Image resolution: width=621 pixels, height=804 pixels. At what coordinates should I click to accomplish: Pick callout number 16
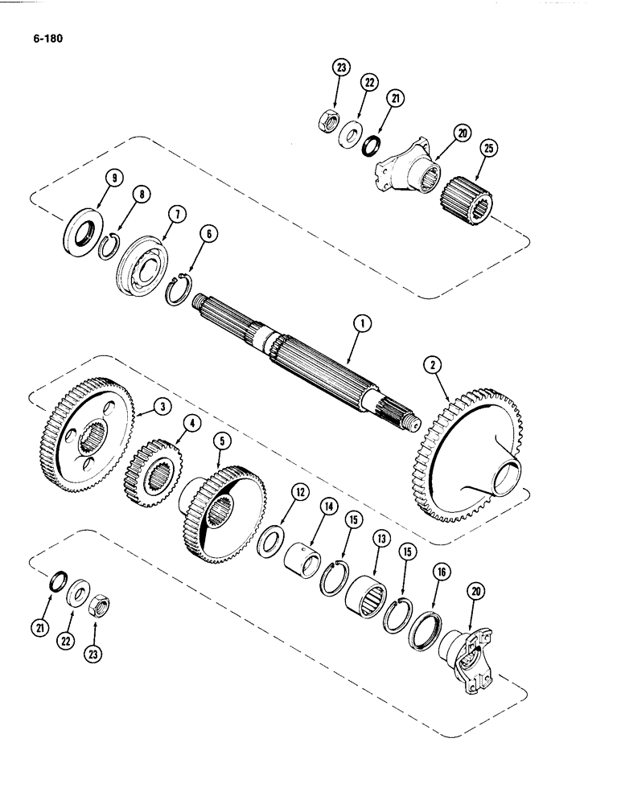coord(439,573)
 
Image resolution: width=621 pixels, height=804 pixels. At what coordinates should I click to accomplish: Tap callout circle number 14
coord(328,508)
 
